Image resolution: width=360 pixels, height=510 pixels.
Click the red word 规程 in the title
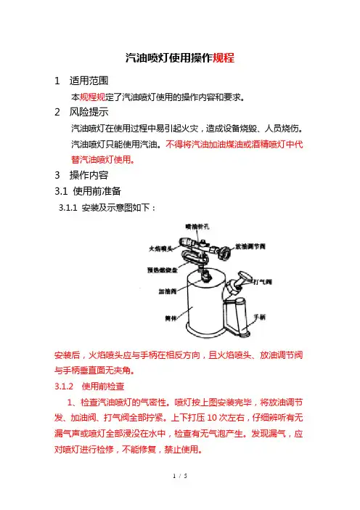[x=224, y=58]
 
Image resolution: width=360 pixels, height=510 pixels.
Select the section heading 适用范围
[x=89, y=81]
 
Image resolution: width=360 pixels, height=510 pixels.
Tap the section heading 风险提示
[x=89, y=112]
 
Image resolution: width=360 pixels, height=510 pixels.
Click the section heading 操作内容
[x=89, y=175]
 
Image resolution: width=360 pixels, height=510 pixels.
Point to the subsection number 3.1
[x=61, y=191]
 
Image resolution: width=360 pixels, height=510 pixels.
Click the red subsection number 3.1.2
[x=64, y=386]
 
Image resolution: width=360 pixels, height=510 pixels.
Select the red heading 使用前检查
[x=103, y=386]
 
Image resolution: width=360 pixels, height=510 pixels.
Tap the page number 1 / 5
[x=180, y=476]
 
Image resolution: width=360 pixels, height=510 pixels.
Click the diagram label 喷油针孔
[x=197, y=227]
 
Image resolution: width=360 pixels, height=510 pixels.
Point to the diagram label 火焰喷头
[x=160, y=248]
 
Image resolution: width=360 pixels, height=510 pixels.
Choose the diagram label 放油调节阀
[x=250, y=246]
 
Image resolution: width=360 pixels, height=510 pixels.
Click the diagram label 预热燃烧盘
[x=163, y=270]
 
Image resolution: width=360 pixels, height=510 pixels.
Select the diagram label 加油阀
[x=168, y=291]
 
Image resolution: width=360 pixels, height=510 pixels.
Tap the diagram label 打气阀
[x=263, y=282]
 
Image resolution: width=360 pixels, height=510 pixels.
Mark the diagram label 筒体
[x=171, y=318]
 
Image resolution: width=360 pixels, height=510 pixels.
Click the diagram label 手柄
[x=260, y=317]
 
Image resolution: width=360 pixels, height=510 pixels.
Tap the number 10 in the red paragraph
[x=211, y=418]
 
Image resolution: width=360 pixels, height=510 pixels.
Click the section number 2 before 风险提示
[x=57, y=112]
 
